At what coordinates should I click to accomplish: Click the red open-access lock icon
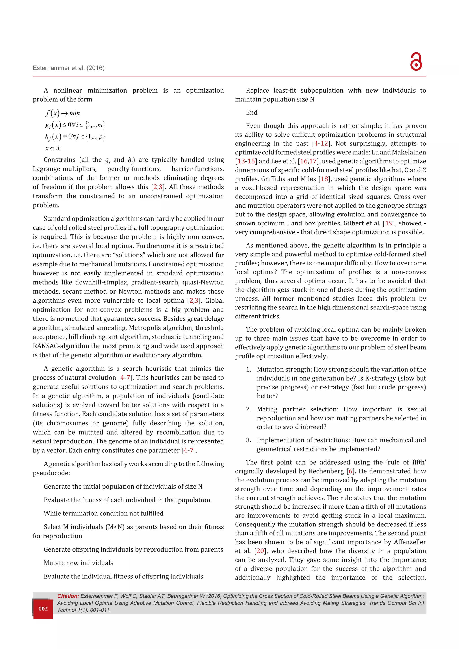tap(416, 61)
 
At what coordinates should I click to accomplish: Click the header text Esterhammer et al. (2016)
tap(68, 68)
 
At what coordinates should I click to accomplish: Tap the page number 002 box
tap(43, 609)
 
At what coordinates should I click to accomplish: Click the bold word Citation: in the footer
tap(68, 596)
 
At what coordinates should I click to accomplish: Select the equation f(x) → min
tap(63, 113)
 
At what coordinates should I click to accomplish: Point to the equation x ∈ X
tap(53, 148)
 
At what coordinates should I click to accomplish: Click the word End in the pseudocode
tap(251, 112)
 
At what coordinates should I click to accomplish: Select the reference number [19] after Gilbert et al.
tap(389, 223)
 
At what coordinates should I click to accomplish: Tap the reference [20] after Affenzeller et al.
tap(260, 551)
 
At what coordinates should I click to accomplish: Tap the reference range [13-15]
tap(246, 161)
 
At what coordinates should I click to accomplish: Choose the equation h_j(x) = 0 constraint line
tap(75, 136)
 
